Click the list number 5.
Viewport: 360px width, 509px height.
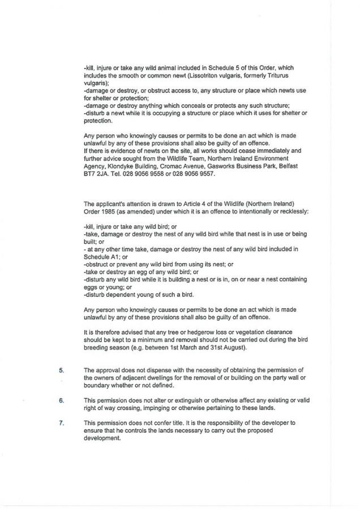click(x=62, y=370)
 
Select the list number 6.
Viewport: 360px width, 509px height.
click(x=62, y=400)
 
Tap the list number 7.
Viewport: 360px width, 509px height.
click(x=62, y=422)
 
